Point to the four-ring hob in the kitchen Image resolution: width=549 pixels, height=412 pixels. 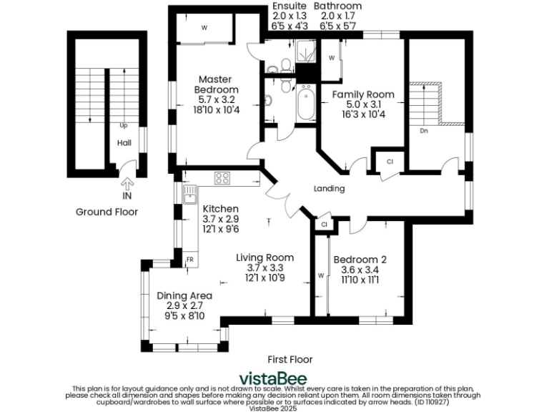(222, 178)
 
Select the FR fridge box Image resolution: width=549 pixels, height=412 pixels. (190, 259)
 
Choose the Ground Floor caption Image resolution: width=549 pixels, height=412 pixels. (107, 212)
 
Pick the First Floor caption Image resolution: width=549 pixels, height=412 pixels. (290, 359)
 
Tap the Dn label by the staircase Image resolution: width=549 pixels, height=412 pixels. (424, 131)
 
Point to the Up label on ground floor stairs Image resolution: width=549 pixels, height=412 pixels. (124, 125)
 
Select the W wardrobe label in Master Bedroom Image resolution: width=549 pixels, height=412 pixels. (204, 29)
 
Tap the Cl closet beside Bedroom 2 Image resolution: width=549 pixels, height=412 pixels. (324, 225)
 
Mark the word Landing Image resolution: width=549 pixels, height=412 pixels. (330, 189)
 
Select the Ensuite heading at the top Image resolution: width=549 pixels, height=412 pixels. (290, 6)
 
